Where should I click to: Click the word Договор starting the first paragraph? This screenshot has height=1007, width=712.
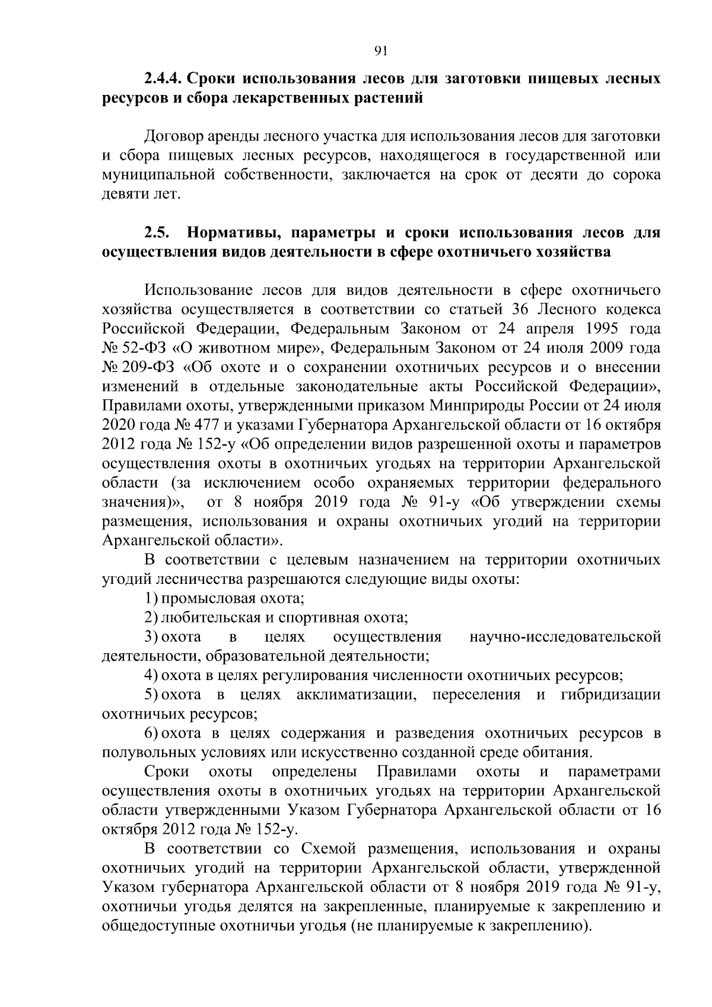170,137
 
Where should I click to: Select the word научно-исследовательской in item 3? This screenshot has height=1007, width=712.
565,637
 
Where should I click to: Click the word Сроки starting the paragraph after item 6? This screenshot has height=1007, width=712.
166,772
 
